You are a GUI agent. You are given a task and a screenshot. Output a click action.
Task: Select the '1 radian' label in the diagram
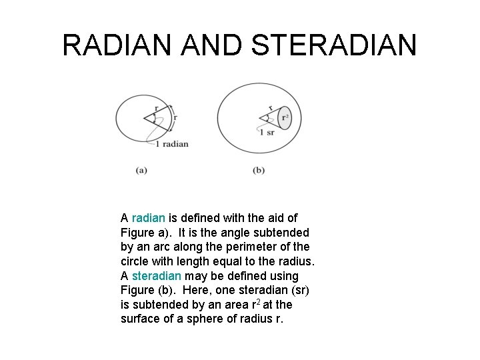tap(171, 144)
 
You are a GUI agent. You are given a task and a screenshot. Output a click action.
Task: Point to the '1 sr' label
tap(266, 133)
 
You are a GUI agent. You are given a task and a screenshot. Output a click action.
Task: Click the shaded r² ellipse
tap(285, 118)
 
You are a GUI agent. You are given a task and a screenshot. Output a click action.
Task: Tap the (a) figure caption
tap(141, 170)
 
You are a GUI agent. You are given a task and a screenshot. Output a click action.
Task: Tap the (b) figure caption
tap(259, 170)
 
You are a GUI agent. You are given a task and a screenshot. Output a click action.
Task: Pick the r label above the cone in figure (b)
tap(269, 107)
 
